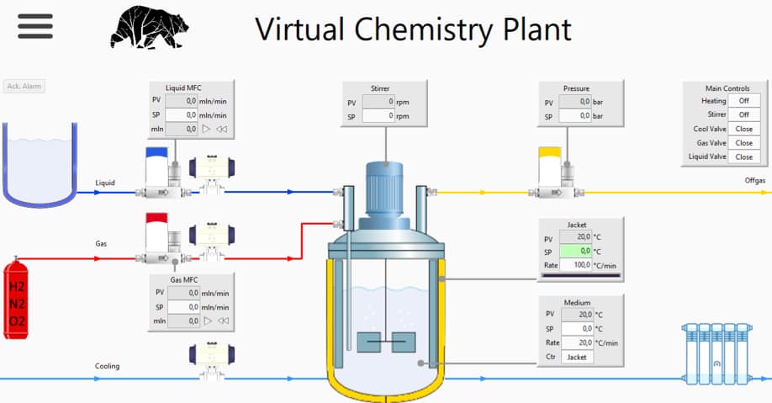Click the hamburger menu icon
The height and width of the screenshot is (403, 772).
34,25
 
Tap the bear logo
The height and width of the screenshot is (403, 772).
149,27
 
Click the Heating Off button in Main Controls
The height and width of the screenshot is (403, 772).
743,101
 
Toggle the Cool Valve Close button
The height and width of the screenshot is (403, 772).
743,129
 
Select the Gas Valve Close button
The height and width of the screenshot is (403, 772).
743,143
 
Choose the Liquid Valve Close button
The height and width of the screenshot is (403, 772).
743,156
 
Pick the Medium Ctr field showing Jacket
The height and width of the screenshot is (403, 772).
576,357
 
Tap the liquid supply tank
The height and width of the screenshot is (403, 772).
40,163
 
